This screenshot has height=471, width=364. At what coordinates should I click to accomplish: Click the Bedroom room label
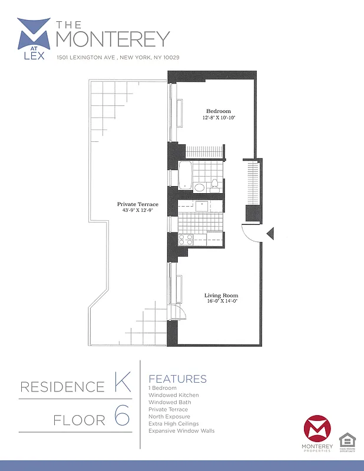[x=218, y=111]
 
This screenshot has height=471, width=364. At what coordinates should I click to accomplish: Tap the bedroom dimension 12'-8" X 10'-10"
[x=218, y=118]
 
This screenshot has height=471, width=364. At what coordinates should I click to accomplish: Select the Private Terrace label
[x=137, y=204]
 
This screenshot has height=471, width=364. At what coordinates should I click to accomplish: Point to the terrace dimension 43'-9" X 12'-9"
[x=137, y=210]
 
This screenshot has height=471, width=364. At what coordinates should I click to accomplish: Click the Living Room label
[x=221, y=295]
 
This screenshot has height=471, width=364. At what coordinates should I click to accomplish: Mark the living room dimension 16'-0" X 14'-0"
[x=221, y=301]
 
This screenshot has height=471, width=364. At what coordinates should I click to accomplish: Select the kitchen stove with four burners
[x=186, y=239]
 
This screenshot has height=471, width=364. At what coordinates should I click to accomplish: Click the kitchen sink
[x=202, y=205]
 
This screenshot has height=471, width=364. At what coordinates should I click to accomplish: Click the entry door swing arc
[x=250, y=235]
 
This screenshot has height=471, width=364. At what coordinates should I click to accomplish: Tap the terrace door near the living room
[x=176, y=311]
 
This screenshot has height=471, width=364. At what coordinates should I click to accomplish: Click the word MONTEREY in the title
[x=112, y=39]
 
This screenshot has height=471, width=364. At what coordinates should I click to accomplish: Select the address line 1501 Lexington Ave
[x=118, y=58]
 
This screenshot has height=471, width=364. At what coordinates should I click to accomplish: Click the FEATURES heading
[x=177, y=379]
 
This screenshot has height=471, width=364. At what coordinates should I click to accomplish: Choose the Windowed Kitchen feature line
[x=174, y=395]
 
